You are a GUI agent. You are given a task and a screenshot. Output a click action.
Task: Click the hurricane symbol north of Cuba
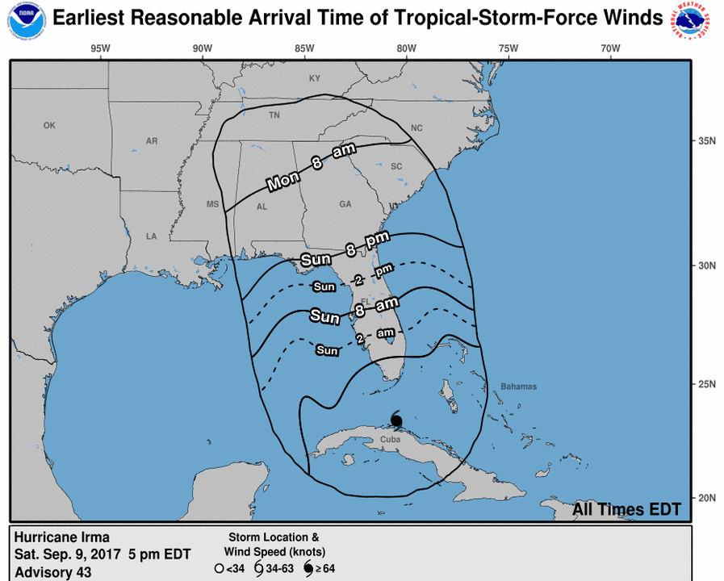click(x=396, y=420)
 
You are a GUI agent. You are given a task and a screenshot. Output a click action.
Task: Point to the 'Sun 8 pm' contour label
click(x=345, y=249)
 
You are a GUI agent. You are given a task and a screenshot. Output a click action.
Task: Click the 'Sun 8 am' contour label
click(x=354, y=311)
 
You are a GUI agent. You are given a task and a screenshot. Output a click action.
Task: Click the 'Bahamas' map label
click(x=517, y=387)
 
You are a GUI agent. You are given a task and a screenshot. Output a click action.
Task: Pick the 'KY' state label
click(x=315, y=78)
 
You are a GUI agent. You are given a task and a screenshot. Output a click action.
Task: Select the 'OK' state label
click(x=49, y=125)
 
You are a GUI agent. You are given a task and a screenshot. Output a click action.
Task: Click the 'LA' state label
click(x=150, y=236)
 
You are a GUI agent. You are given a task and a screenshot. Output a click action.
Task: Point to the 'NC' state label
click(x=416, y=128)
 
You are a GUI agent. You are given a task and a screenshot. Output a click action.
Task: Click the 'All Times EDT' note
click(x=626, y=509)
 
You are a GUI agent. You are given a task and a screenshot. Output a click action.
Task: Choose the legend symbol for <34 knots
click(x=219, y=568)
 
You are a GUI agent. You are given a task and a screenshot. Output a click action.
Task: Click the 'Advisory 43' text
click(x=53, y=572)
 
